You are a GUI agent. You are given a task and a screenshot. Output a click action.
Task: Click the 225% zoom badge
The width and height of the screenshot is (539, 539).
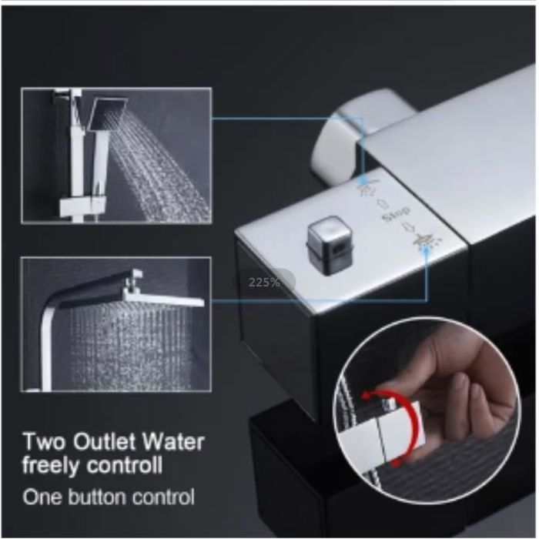click(x=265, y=282)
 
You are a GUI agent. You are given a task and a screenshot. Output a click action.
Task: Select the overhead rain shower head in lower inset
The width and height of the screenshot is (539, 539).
click(x=154, y=296)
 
